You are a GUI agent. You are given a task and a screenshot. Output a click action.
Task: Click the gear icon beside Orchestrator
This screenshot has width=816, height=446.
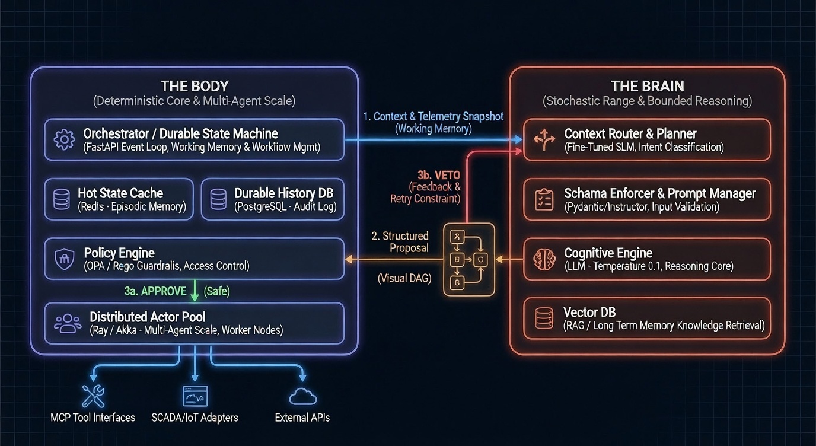tap(64, 139)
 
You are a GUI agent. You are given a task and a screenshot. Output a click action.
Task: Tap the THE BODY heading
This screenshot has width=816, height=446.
tap(194, 85)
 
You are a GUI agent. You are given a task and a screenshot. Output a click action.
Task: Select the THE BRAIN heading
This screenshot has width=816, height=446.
tap(647, 85)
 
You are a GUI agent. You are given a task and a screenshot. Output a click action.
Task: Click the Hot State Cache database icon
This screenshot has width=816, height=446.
tap(62, 199)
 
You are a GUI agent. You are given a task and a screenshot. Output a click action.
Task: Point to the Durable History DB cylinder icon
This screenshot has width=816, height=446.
tap(218, 199)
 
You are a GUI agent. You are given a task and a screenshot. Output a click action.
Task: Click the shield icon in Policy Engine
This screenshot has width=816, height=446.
tap(64, 259)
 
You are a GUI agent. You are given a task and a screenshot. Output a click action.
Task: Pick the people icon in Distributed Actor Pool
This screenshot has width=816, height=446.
tap(68, 323)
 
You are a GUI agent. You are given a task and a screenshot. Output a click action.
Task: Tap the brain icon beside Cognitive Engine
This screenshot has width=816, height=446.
tap(544, 259)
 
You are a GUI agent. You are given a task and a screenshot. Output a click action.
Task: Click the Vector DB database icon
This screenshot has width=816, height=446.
tap(544, 318)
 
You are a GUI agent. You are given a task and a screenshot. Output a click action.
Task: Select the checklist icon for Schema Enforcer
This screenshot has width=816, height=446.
tap(544, 199)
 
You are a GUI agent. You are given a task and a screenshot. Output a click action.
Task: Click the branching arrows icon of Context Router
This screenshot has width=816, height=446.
tap(544, 139)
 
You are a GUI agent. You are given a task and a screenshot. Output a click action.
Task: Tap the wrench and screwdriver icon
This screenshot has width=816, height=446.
tap(93, 396)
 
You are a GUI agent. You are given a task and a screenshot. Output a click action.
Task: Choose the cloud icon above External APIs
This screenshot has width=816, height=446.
tap(302, 397)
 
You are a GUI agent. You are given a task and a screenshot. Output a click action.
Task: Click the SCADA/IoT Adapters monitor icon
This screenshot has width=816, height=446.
tap(195, 396)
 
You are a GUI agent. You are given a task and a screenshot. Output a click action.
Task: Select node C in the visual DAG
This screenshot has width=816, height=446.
tap(480, 259)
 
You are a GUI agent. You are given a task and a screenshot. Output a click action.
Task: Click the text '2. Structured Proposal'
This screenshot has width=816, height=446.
tap(400, 242)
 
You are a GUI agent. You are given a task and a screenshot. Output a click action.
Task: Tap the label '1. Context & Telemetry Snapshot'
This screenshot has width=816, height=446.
tap(433, 116)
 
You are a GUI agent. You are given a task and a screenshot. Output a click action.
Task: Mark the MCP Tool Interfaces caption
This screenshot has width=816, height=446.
tap(93, 418)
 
